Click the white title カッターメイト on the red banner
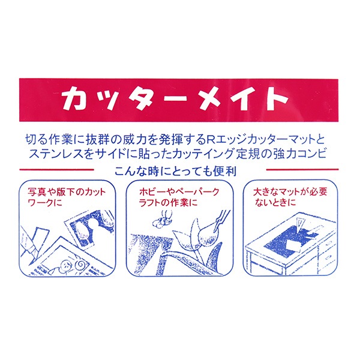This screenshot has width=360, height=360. [179, 98]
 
